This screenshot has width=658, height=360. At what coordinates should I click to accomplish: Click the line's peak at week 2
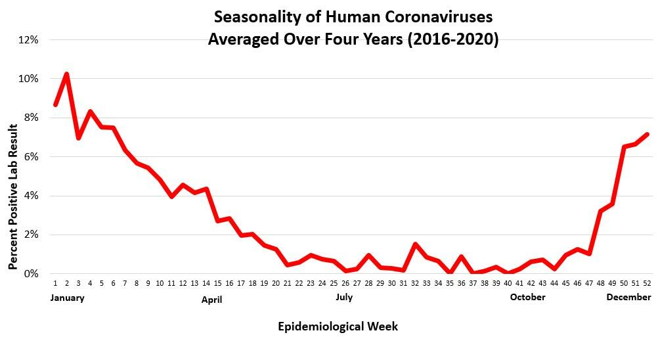coord(67,74)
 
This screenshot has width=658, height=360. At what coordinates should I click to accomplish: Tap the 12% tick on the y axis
coord(29,39)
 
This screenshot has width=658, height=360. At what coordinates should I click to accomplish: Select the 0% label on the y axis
coord(32,274)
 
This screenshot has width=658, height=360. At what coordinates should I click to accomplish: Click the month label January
coord(67,298)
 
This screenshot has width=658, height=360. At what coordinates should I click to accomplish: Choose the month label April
coord(211,300)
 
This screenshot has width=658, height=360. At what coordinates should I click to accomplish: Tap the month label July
coord(344,297)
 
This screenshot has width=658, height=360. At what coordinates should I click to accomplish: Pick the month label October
coord(528,297)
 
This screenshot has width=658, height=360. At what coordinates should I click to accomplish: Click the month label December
coord(628,297)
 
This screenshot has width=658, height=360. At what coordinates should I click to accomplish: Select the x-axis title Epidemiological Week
coord(338,326)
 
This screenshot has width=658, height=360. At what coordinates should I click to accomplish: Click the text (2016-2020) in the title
coord(453,39)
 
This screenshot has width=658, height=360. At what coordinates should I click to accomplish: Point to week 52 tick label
coord(647,284)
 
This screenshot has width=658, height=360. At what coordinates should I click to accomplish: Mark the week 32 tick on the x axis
coord(415,284)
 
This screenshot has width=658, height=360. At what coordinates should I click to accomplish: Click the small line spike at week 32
coord(415,244)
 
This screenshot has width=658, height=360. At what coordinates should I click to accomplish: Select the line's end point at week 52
coord(647,135)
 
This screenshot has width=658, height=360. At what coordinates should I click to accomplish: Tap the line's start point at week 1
coord(55,104)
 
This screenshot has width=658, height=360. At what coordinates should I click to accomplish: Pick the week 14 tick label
coord(206,284)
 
